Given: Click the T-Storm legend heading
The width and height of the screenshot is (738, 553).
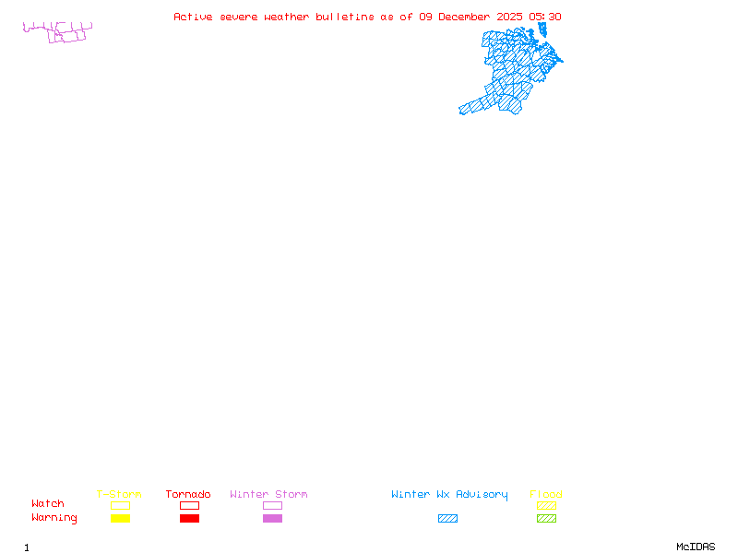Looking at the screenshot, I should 119,495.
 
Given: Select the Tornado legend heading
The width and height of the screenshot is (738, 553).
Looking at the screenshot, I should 188,495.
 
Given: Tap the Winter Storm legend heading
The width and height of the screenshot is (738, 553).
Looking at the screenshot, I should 268,495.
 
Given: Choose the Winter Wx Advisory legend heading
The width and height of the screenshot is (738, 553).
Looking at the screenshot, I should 449,495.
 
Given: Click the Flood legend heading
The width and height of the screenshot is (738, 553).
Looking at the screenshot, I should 546,495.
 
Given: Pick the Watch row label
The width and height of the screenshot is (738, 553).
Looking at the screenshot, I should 48,504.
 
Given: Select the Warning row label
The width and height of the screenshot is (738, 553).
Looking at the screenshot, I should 54,518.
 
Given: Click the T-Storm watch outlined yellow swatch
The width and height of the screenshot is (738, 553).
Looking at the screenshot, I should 120,505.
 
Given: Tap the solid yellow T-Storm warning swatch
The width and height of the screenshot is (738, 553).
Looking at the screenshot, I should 120,519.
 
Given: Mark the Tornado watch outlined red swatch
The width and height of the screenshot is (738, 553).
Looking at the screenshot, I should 189,505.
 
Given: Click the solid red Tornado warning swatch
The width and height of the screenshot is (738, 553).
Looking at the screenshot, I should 189,519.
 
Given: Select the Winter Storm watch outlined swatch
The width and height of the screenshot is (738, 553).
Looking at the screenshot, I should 272,505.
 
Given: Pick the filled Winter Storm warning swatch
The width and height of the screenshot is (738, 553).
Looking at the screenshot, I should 272,519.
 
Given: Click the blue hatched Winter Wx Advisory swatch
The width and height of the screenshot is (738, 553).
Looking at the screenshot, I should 447,519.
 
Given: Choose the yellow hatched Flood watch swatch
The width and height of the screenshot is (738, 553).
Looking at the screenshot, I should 546,505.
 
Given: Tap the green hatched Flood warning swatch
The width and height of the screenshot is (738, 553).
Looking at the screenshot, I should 546,519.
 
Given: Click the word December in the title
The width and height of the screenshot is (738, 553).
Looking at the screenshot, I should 464,17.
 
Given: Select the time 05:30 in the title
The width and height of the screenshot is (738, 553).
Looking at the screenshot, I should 545,17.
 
